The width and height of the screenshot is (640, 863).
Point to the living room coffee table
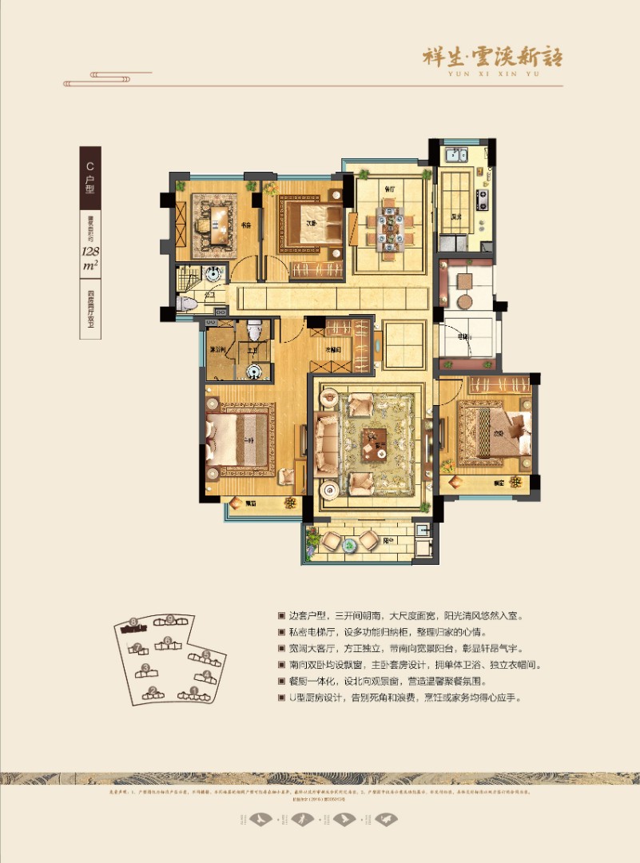373,441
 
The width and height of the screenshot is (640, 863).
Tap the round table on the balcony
351,545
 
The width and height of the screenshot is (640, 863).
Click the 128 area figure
89,255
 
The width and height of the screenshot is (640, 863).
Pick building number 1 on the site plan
193,690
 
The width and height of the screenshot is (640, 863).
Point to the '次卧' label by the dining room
312,224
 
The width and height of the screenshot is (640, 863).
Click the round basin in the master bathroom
254,369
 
